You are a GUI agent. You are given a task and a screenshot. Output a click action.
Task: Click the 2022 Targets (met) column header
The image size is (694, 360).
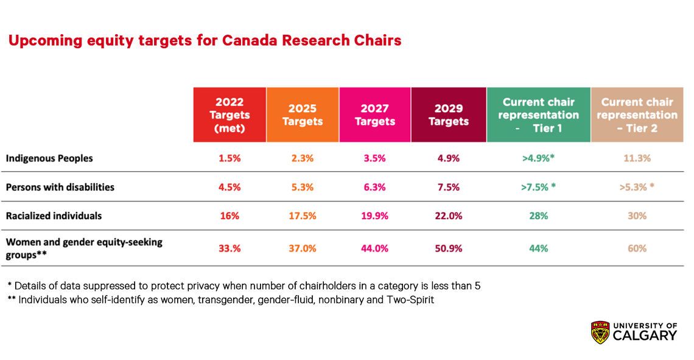pos(230,115)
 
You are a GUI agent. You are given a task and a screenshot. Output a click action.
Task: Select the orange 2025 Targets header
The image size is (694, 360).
pos(302,115)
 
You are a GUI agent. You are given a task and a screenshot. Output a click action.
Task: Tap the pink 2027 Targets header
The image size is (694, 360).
pos(375,115)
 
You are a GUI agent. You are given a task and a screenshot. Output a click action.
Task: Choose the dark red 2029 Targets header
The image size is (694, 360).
pos(449,115)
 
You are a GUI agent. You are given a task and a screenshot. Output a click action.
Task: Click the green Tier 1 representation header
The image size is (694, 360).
pos(539,115)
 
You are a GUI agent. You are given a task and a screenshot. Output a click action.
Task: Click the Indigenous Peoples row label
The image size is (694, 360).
pos(49,158)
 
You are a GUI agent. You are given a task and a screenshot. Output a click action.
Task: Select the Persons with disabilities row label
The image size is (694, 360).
pos(60,187)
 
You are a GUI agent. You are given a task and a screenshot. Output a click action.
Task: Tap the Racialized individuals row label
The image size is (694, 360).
pos(54,216)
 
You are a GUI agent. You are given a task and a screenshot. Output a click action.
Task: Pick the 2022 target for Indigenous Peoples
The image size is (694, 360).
pos(230,158)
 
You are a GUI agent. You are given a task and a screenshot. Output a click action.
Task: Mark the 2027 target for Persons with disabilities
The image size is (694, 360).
pos(375,188)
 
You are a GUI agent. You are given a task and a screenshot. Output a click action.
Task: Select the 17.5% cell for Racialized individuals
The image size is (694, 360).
pos(302,216)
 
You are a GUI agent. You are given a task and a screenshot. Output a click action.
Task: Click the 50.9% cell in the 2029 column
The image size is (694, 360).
pos(449,249)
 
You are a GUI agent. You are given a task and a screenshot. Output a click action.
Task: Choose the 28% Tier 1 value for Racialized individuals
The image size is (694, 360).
pos(539,216)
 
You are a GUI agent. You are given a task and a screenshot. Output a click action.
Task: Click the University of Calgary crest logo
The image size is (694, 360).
pos(600,332)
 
